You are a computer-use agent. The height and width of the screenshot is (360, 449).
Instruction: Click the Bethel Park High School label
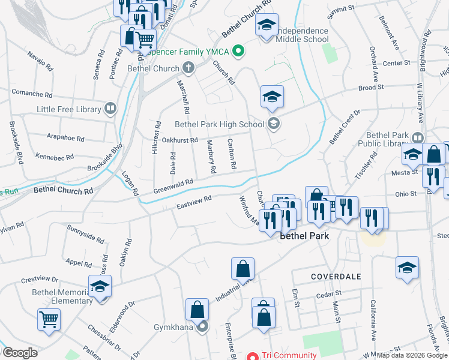219,125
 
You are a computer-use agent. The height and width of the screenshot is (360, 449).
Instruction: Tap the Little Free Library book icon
110,109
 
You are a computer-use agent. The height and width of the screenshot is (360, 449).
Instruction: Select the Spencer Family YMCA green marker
239,52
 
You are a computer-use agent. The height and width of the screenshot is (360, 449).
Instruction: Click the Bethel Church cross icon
188,68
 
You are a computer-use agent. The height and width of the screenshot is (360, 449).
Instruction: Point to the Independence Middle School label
303,35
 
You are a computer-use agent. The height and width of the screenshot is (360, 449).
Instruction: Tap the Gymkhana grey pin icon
203,327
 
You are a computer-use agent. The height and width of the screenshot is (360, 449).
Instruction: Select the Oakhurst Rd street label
179,140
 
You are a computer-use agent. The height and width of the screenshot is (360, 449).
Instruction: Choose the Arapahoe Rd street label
64,138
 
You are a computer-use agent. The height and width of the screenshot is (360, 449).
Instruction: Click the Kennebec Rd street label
54,157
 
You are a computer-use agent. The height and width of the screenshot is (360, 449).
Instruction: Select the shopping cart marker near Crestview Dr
49,318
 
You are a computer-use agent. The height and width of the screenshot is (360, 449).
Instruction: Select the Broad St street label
370,88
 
